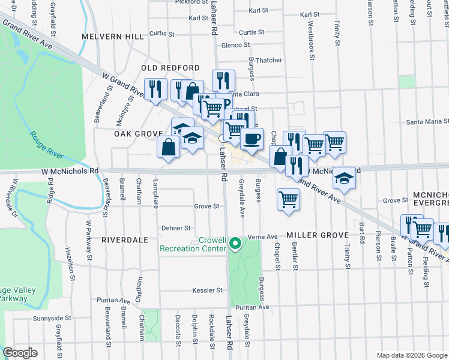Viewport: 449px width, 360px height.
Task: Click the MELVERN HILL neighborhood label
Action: (113, 37)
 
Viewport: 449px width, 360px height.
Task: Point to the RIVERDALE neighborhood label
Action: (124, 239)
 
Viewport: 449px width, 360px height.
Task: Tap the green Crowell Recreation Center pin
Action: (236, 244)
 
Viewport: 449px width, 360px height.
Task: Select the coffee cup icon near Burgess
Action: (252, 139)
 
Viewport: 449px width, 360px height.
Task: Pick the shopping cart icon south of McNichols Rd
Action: (288, 199)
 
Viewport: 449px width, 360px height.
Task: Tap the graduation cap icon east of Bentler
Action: (344, 178)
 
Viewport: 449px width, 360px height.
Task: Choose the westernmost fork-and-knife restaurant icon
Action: (155, 89)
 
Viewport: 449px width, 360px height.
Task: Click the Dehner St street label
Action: (176, 229)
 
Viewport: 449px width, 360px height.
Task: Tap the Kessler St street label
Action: (208, 290)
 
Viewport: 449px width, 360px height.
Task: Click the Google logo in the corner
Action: (20, 353)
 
